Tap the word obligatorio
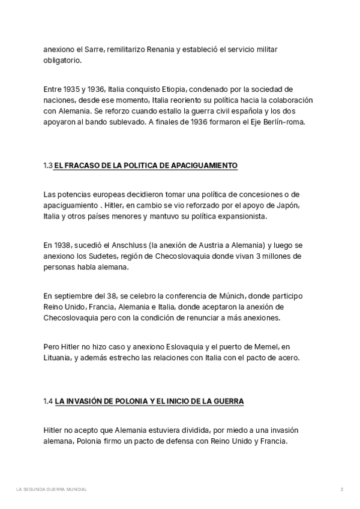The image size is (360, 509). (x=64, y=61)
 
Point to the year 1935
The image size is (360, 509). (x=74, y=89)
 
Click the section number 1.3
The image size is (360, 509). (x=48, y=165)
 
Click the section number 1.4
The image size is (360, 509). (x=48, y=401)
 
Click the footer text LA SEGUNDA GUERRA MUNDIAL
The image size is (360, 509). (x=52, y=490)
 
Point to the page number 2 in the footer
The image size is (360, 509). (x=341, y=490)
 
